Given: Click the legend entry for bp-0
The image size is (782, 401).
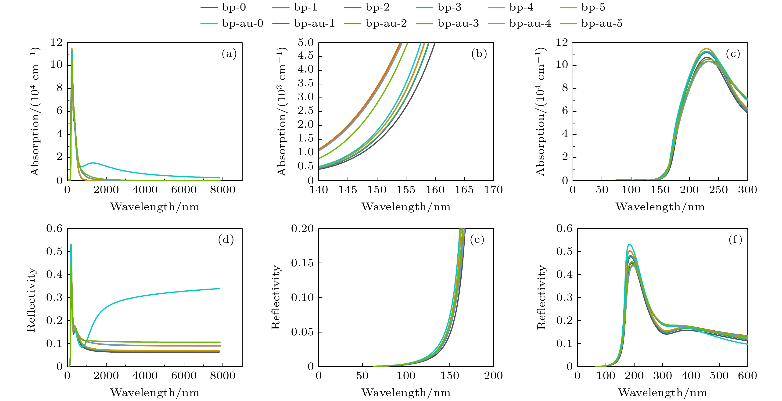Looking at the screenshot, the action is tap(223, 7).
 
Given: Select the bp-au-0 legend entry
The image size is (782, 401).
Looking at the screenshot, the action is tap(232, 23).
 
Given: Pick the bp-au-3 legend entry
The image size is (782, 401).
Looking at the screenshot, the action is tap(448, 23).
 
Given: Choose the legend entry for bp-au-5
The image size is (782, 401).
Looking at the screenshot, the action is tap(591, 23).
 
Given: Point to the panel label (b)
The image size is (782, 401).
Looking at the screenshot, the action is tap(479, 54).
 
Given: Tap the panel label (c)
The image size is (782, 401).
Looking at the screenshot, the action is tap(733, 54).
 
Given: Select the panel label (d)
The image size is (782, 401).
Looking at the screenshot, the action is tap(226, 240).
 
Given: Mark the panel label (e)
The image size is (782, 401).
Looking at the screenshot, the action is tap(477, 240).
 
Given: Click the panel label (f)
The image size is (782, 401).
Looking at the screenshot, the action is tap(735, 240).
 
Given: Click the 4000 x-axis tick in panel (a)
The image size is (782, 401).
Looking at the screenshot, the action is tap(145, 190).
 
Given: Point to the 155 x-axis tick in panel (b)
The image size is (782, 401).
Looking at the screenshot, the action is tap(406, 190).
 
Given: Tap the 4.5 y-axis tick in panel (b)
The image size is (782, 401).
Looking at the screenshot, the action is tap(306, 56).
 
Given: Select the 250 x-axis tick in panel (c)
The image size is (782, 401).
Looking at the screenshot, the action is tap(719, 190).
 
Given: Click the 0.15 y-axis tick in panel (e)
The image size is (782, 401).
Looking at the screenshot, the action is tap(302, 263).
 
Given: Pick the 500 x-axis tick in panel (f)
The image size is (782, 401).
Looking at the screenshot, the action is tap(719, 376).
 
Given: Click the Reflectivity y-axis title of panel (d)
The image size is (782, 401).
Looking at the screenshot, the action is tap(31, 300).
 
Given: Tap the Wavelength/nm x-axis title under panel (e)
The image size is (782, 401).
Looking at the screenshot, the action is tap(406, 393).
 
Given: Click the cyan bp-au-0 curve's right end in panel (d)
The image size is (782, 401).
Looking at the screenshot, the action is tap(220, 289).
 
